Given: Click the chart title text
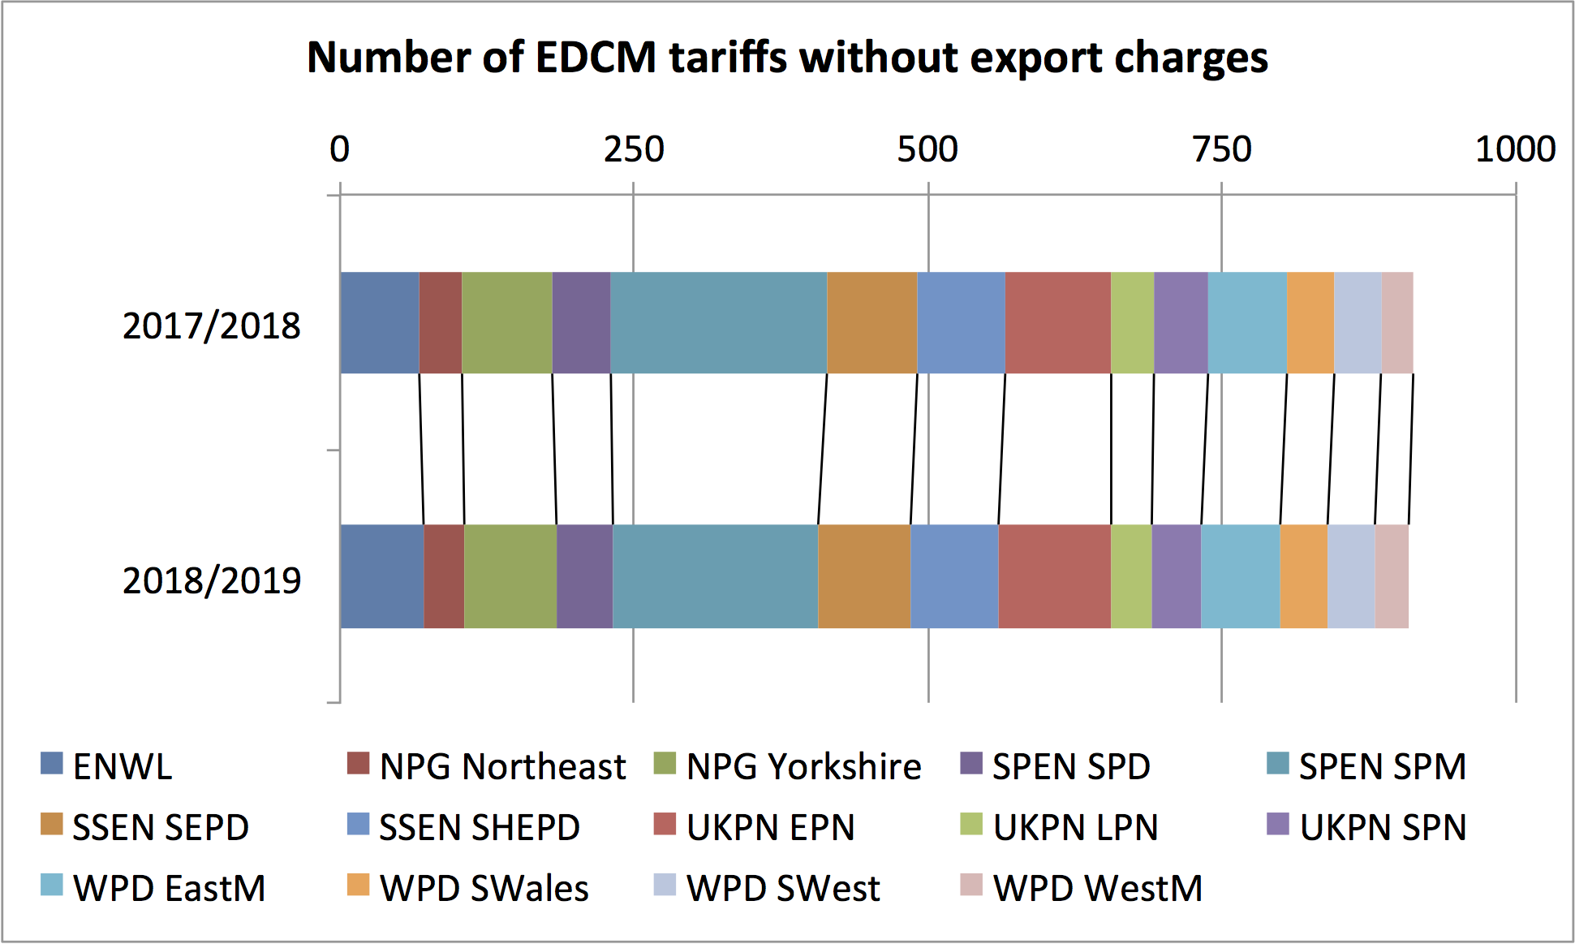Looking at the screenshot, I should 787,58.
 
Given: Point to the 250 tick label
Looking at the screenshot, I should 633,149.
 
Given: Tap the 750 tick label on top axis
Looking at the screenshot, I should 1221,149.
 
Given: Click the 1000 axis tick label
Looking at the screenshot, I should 1514,149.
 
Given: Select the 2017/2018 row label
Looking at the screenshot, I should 211,326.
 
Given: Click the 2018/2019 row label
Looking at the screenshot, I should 211,581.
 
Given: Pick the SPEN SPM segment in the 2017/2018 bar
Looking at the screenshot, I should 718,323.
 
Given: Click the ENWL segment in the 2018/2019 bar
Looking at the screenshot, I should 381,576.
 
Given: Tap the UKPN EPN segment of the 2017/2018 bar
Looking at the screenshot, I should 1057,323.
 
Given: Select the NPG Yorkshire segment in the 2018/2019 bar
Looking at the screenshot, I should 510,576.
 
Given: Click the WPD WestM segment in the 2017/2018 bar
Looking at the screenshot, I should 1397,323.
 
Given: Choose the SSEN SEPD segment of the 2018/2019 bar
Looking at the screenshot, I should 864,576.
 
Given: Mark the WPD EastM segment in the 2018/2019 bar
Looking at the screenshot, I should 1240,576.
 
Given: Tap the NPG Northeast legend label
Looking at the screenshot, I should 501,767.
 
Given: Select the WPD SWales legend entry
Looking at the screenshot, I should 484,889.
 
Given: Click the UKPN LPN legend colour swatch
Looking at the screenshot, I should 970,825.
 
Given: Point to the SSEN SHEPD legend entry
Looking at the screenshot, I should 479,828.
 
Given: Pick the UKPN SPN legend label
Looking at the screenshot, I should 1383,828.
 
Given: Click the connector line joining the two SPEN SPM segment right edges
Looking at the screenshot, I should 823,449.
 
